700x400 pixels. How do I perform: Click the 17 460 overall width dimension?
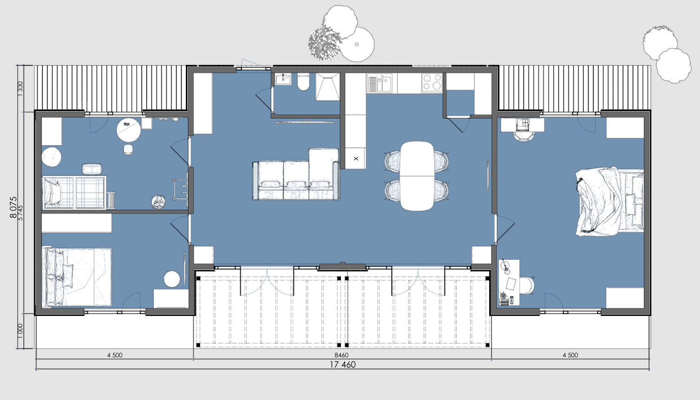pyautogui.click(x=343, y=365)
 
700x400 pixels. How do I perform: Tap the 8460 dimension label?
pyautogui.click(x=341, y=355)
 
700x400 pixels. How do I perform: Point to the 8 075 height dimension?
pyautogui.click(x=13, y=207)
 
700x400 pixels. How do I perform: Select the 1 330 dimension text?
pyautogui.click(x=20, y=89)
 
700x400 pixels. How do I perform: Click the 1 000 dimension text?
pyautogui.click(x=20, y=331)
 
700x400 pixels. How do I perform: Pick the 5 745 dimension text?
pyautogui.click(x=20, y=213)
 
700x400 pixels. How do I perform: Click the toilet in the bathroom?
pyautogui.click(x=303, y=82)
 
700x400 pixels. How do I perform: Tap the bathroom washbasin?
pyautogui.click(x=283, y=79)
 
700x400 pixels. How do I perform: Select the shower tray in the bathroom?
pyautogui.click(x=327, y=87)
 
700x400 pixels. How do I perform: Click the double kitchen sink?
pyautogui.click(x=379, y=83)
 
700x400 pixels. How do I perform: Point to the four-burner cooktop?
pyautogui.click(x=432, y=83)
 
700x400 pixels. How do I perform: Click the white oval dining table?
pyautogui.click(x=417, y=176)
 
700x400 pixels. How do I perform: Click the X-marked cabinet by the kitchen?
pyautogui.click(x=355, y=158)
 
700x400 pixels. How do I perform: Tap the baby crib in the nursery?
pyautogui.click(x=74, y=192)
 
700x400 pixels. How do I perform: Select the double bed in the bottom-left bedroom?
pyautogui.click(x=77, y=277)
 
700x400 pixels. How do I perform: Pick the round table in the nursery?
pyautogui.click(x=129, y=130)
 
